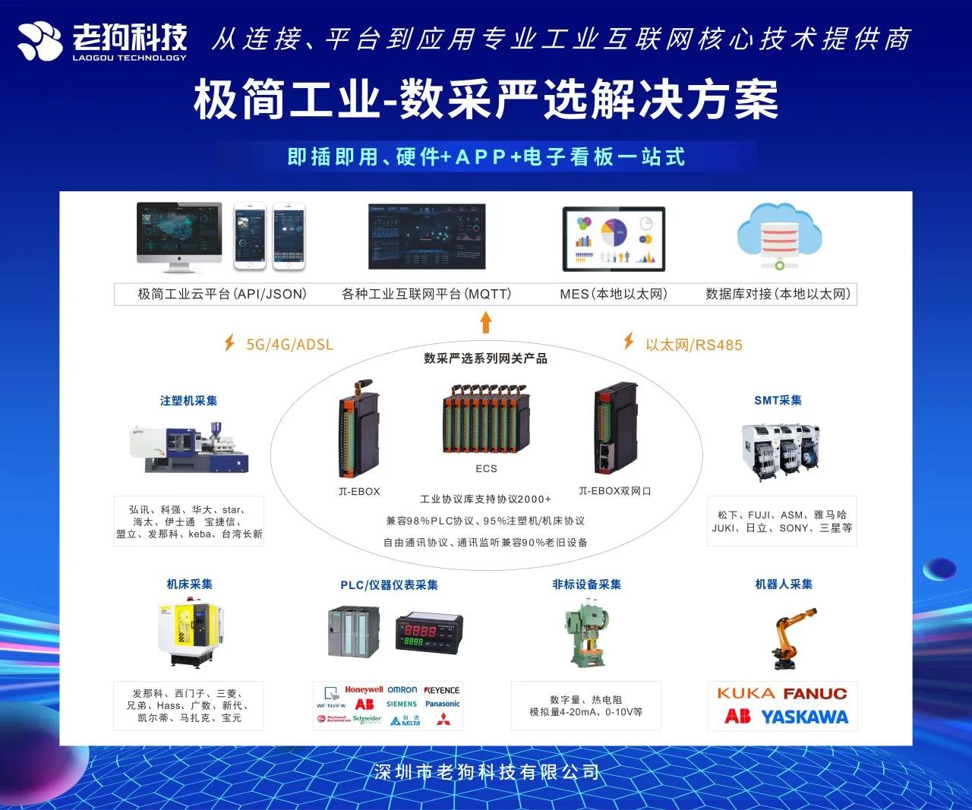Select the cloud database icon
coord(779,235)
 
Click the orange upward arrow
coord(486,323)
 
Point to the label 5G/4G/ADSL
coord(289,345)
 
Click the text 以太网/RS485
coord(693,345)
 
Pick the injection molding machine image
coord(189,448)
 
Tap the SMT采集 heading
coord(778,400)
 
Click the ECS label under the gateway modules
coord(486,468)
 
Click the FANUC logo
coord(815,694)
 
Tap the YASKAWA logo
coord(804,717)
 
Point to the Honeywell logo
coord(364,690)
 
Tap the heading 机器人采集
coord(784,584)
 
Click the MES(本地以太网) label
coord(613,294)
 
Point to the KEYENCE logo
coord(442,690)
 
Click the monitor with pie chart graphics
coord(614,238)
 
